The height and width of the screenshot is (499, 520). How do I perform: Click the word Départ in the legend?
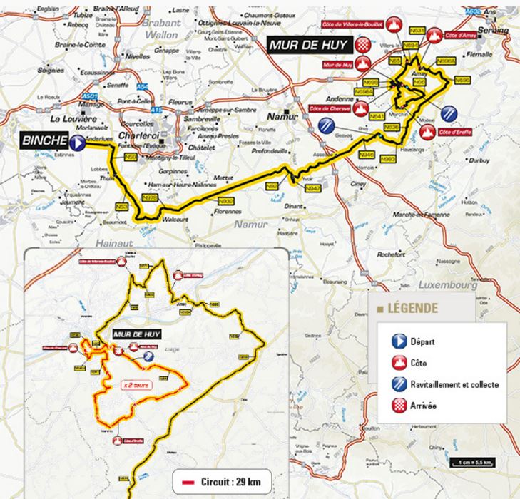[x=424, y=342]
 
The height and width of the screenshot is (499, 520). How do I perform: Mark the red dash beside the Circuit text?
[x=189, y=483]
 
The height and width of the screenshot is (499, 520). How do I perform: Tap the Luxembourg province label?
[x=442, y=284]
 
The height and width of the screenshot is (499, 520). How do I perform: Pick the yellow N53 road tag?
[x=121, y=206]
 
